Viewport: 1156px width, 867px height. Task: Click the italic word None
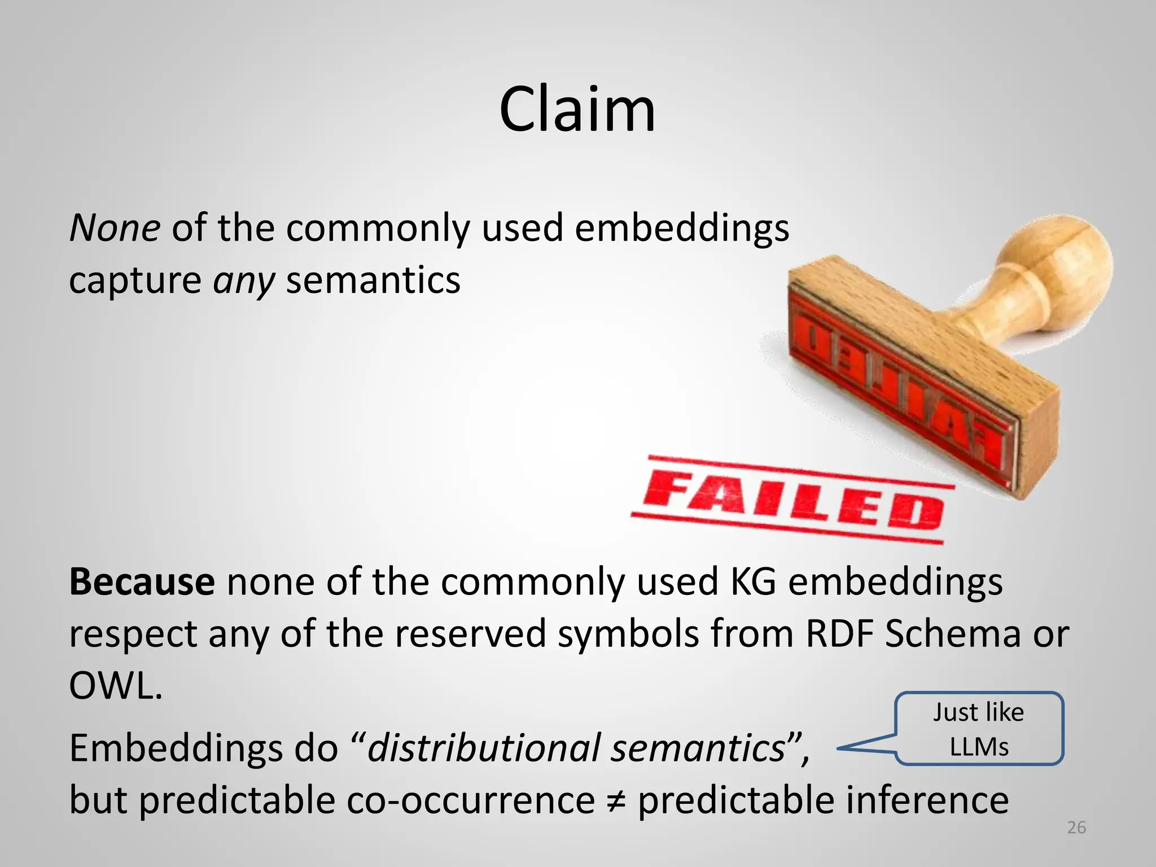(x=115, y=228)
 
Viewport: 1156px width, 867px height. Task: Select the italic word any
(x=243, y=281)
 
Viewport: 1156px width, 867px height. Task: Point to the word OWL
(x=115, y=686)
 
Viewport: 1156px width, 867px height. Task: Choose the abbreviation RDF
(x=839, y=633)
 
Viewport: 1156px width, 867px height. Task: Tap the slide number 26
(x=1076, y=827)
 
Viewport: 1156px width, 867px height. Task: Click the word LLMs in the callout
(x=979, y=747)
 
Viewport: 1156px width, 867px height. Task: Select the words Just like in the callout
(x=978, y=712)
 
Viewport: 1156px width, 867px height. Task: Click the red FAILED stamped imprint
(x=793, y=500)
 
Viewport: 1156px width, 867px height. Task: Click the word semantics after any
(x=373, y=281)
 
